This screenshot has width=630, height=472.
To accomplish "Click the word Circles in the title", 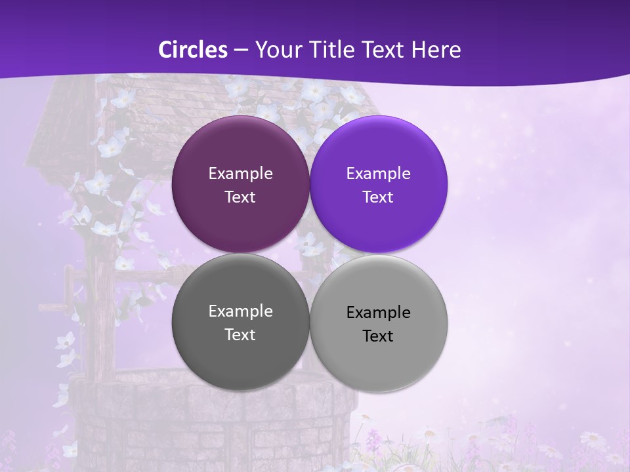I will [192, 50].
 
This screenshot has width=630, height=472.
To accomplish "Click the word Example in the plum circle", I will [240, 173].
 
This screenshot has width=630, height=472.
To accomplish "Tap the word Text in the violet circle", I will [378, 197].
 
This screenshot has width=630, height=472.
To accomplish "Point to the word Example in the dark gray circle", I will [240, 311].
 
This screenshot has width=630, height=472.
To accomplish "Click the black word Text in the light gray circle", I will [378, 336].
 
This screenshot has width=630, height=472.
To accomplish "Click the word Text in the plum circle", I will [240, 197].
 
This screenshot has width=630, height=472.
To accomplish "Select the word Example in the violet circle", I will [378, 173].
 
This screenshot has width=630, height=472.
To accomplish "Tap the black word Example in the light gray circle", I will [378, 312].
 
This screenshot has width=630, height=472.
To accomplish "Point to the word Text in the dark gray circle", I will [240, 334].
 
